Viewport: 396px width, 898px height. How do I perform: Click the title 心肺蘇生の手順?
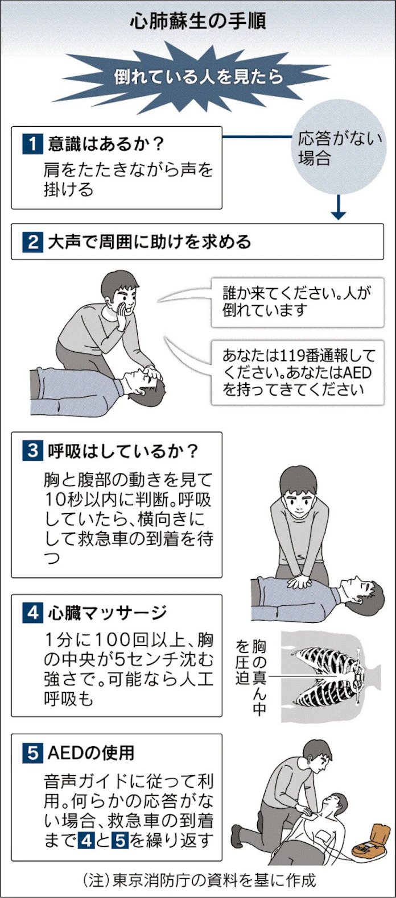pyautogui.click(x=198, y=22)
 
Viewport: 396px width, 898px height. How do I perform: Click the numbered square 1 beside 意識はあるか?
pyautogui.click(x=32, y=144)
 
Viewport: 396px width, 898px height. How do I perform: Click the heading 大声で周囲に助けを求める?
pyautogui.click(x=149, y=242)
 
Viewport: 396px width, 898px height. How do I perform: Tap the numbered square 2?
pyautogui.click(x=32, y=242)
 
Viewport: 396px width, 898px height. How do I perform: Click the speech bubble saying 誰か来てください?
pyautogui.click(x=297, y=302)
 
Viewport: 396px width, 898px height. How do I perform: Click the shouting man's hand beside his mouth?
pyautogui.click(x=122, y=316)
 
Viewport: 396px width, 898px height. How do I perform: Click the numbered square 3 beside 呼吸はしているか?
pyautogui.click(x=32, y=451)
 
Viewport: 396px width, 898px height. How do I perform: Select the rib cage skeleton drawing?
pyautogui.click(x=330, y=676)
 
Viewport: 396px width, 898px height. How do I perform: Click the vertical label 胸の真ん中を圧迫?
pyautogui.click(x=251, y=676)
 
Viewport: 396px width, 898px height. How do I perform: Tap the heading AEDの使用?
pyautogui.click(x=91, y=753)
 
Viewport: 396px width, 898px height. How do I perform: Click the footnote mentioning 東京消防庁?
pyautogui.click(x=198, y=880)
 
